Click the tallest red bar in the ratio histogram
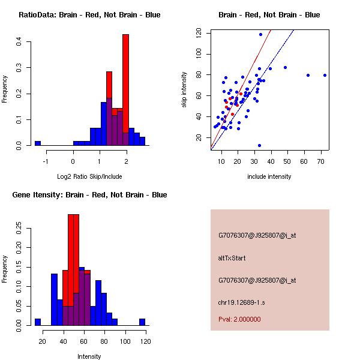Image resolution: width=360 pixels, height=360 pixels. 125,90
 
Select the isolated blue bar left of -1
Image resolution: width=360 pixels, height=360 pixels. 37,143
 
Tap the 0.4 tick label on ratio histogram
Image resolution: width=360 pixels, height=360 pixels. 20,41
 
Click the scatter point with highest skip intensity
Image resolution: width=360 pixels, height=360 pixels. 260,34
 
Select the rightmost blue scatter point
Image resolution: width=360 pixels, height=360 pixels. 325,75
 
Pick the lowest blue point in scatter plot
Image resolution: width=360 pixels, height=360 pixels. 259,145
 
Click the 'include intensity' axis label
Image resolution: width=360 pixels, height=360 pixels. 269,177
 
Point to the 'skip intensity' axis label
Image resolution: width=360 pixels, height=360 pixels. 184,90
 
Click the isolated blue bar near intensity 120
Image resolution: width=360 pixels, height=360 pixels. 142,322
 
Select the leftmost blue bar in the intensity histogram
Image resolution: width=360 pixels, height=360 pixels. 37,322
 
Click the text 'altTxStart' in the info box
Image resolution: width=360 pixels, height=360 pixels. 232,258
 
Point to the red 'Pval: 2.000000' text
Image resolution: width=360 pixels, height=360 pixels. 239,319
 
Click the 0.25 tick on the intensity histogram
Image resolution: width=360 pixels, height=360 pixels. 20,227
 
